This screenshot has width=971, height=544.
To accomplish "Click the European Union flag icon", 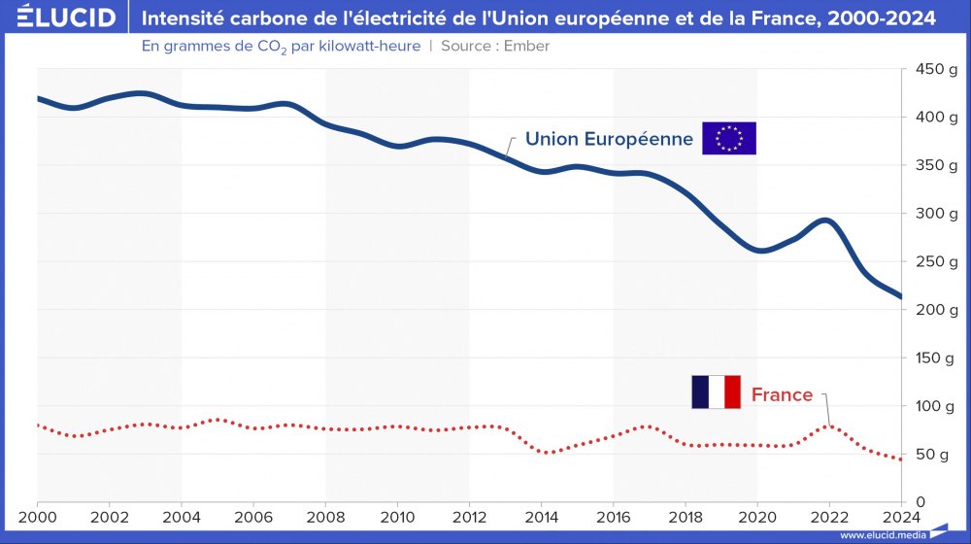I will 728,139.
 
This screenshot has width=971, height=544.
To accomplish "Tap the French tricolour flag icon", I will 716,391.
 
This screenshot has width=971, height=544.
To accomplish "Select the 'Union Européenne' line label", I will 609,139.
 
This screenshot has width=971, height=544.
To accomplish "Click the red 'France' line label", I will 782,394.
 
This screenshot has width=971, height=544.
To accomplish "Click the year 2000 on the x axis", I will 38,516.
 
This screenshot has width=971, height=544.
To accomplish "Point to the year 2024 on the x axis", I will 900,516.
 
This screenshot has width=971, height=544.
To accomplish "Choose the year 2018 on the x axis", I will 685,516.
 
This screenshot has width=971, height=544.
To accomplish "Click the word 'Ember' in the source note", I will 527,46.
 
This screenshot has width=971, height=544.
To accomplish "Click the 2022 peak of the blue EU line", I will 827,221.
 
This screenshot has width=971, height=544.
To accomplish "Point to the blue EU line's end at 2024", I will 900,296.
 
